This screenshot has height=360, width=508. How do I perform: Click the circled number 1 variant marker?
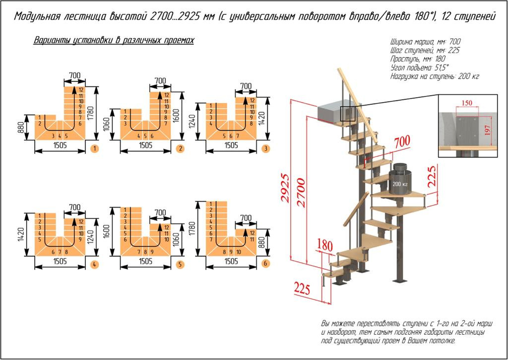click(94, 148)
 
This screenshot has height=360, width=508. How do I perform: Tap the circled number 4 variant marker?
click(94, 264)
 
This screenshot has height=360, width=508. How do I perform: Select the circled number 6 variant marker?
click(266, 263)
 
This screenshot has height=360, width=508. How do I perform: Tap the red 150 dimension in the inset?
click(466, 103)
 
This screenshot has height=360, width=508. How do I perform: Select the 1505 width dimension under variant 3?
click(231, 145)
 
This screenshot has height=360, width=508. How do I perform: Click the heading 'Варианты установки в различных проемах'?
click(114, 41)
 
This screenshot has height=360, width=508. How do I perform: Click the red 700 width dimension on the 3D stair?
click(402, 142)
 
